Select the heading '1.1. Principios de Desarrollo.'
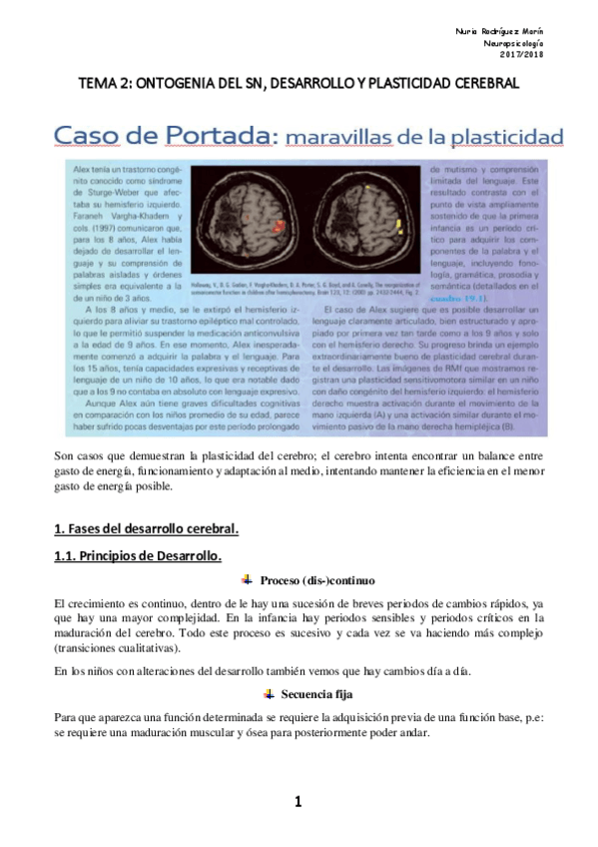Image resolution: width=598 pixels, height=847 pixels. point(137,554)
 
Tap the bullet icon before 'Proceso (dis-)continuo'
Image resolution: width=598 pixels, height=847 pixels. point(247,580)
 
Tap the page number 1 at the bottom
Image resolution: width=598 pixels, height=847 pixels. point(298,801)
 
